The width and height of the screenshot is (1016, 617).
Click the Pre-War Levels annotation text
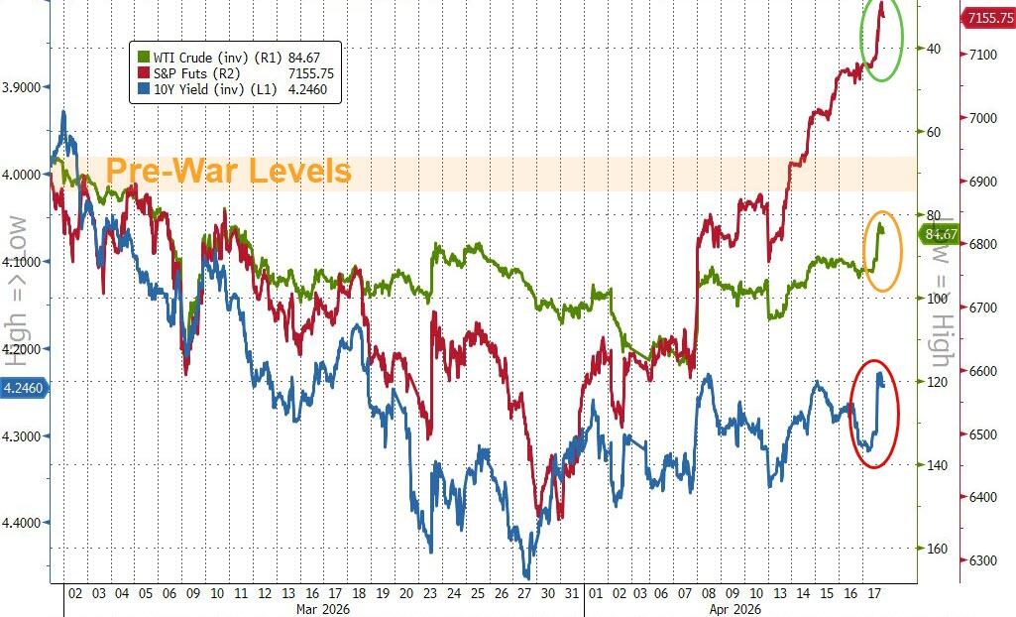click(228, 171)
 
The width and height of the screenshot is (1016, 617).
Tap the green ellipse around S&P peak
click(881, 40)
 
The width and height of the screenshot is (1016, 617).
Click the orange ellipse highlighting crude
click(882, 250)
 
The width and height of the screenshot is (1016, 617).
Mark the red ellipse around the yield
click(876, 413)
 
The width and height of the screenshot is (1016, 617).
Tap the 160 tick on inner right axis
click(935, 549)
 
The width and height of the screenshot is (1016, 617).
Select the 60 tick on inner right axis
click(935, 131)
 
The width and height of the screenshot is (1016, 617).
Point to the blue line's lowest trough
click(526, 575)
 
